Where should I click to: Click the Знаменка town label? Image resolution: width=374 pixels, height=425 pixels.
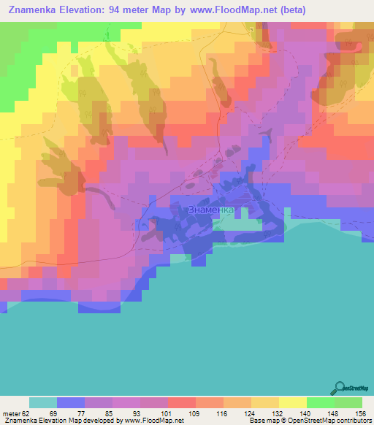tap(212, 210)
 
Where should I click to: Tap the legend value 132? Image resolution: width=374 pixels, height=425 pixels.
tap(278, 413)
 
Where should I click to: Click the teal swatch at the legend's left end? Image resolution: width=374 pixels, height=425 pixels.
tap(43, 402)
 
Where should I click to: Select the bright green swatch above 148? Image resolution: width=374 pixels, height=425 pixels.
tap(320, 402)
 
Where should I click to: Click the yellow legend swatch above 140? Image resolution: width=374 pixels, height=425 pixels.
tap(292, 402)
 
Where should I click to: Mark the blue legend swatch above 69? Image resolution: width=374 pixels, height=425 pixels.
tap(71, 402)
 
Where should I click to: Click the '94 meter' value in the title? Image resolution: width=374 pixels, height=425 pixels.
tap(137, 10)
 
